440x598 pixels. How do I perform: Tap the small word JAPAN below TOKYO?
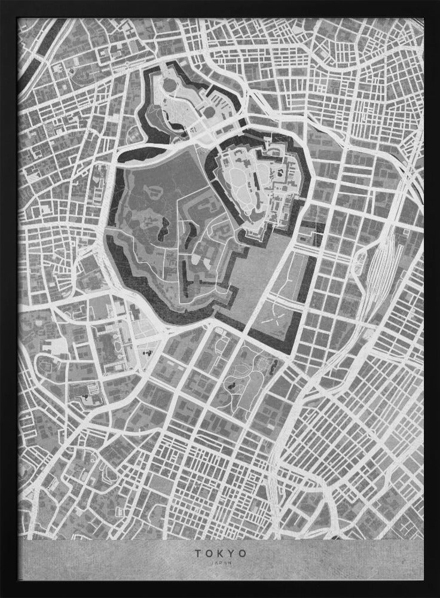click(x=220, y=562)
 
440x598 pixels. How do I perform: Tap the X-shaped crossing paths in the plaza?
click(x=277, y=311)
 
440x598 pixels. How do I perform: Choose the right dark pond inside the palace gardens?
click(x=192, y=230)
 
